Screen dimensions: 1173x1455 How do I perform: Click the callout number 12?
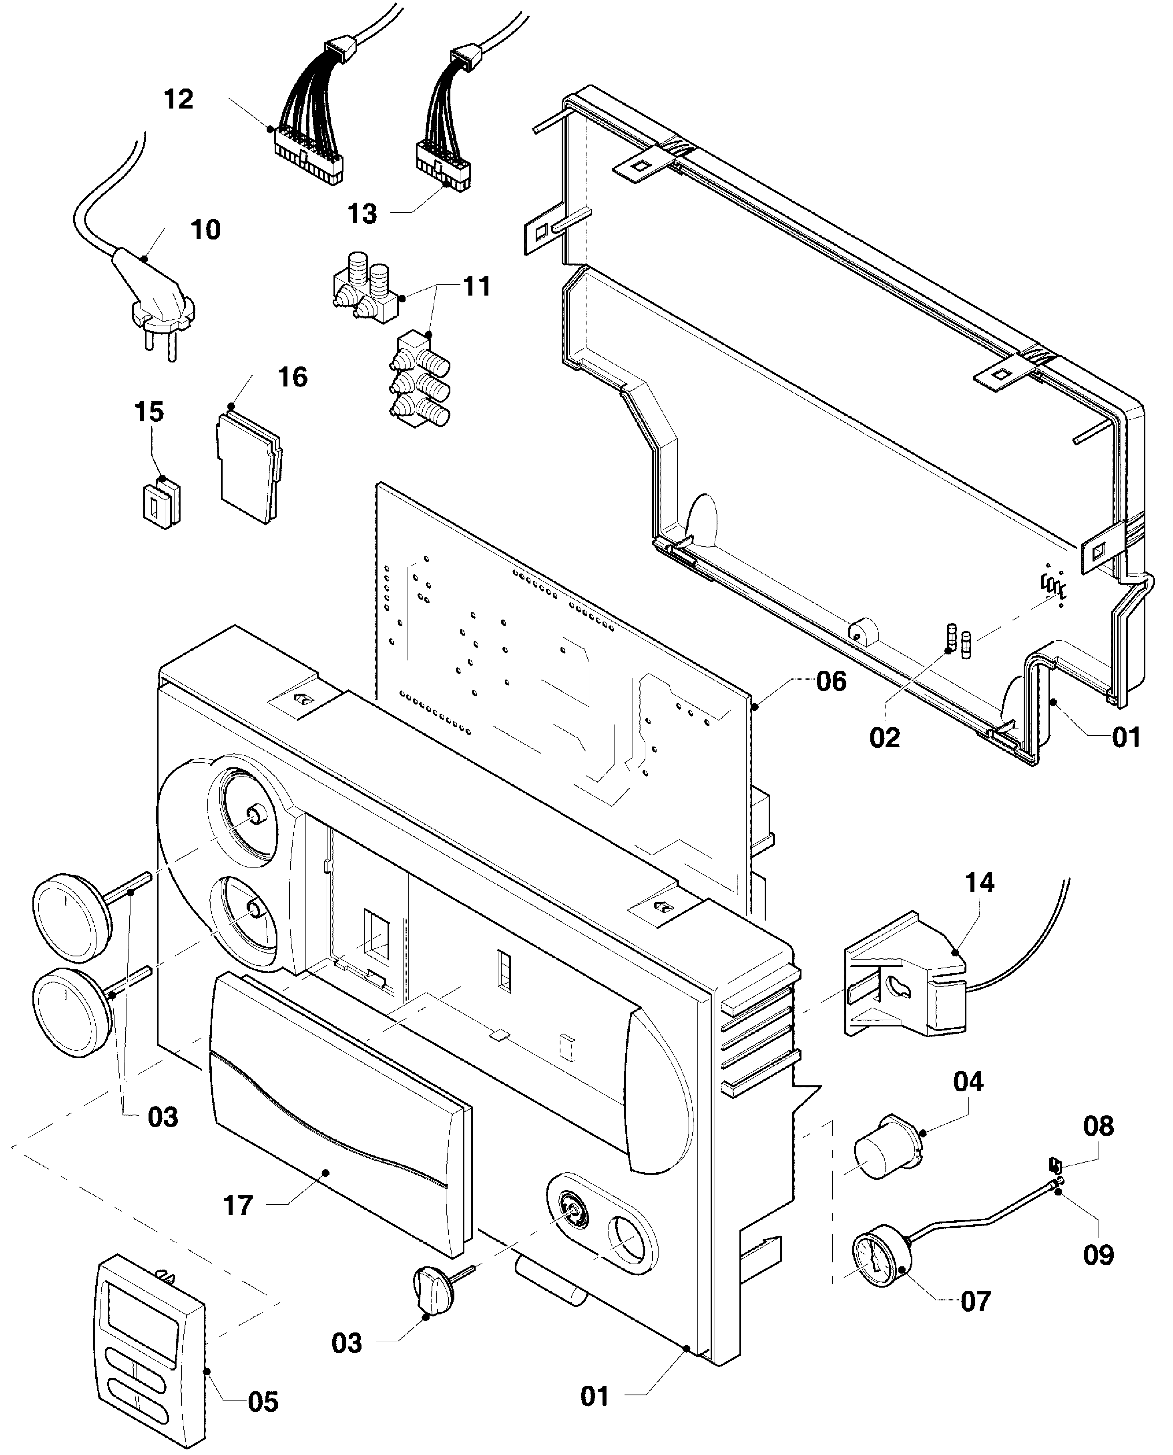[179, 99]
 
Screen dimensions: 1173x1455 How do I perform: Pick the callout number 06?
[831, 681]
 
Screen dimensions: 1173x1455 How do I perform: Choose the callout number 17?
[238, 1205]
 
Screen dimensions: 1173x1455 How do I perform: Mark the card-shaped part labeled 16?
[249, 466]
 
